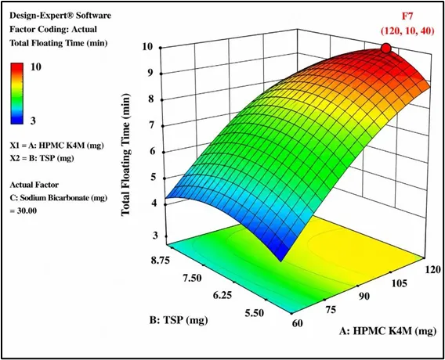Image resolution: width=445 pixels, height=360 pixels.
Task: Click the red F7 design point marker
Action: [x=386, y=49]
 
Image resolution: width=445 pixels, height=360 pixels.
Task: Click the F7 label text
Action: [x=407, y=16]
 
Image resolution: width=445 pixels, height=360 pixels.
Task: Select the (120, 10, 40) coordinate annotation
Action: [x=407, y=31]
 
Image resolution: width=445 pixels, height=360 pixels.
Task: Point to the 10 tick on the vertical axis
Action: [x=149, y=47]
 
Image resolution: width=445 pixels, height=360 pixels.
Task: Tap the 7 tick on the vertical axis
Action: [x=151, y=125]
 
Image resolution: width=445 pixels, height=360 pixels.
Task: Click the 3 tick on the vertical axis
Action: [x=155, y=235]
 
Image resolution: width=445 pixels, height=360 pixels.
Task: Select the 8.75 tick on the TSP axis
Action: [x=160, y=261]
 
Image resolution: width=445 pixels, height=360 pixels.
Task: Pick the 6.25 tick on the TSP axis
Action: [x=222, y=295]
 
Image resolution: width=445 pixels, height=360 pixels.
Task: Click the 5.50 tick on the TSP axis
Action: [x=254, y=313]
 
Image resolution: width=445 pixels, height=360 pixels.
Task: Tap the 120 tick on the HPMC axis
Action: [x=432, y=269]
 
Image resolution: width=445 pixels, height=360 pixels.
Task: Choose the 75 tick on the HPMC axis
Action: [x=330, y=310]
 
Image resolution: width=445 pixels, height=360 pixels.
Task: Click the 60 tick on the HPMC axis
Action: [x=297, y=323]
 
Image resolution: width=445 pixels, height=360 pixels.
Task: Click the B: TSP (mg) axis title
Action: [x=179, y=320]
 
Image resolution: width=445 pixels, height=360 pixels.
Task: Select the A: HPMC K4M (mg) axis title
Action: [x=388, y=331]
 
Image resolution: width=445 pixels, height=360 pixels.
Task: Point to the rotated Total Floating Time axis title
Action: [x=125, y=155]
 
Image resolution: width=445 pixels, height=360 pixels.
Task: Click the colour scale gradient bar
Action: [x=16, y=94]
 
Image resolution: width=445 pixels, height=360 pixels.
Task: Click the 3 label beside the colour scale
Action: [x=33, y=121]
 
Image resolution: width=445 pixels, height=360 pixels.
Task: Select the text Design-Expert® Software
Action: [x=60, y=16]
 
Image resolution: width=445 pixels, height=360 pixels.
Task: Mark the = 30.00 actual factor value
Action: [x=24, y=211]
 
